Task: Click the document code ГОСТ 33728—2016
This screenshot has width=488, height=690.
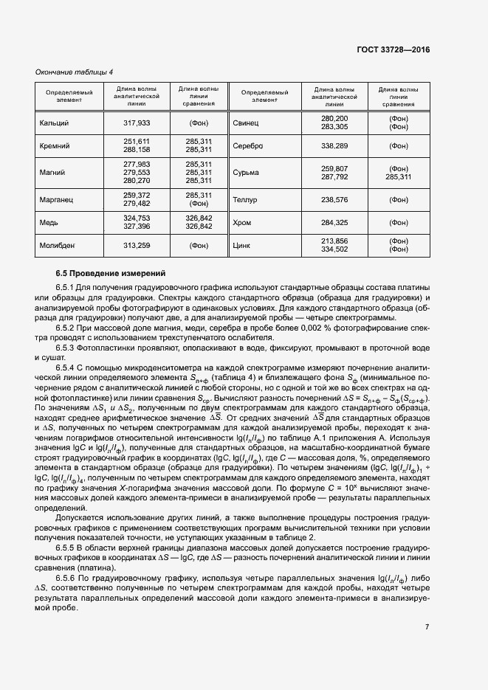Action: point(392,49)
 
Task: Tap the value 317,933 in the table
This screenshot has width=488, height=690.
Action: point(137,123)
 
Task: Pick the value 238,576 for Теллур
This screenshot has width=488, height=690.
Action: point(334,199)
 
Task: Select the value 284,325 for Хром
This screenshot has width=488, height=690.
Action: point(334,223)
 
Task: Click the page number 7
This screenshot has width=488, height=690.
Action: point(427,627)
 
